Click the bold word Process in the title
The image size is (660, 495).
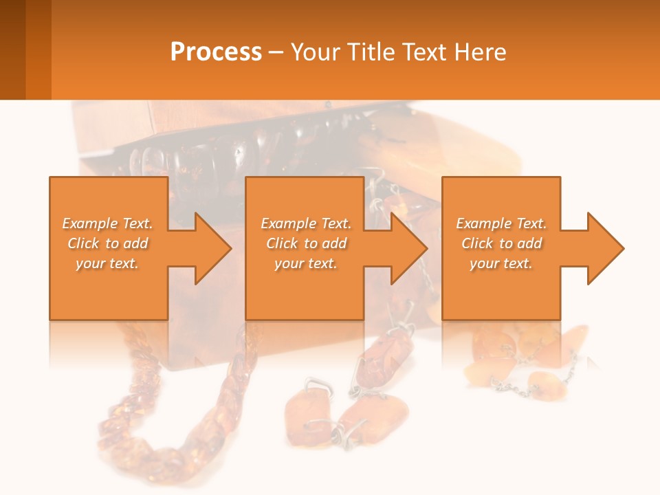[x=216, y=52]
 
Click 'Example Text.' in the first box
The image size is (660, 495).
[x=108, y=223]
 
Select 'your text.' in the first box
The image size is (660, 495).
[x=108, y=263]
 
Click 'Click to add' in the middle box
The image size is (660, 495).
[x=306, y=243]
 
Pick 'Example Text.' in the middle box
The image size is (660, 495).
[x=306, y=223]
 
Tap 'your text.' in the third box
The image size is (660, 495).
[x=501, y=263]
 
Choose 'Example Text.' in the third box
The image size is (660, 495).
[x=501, y=223]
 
